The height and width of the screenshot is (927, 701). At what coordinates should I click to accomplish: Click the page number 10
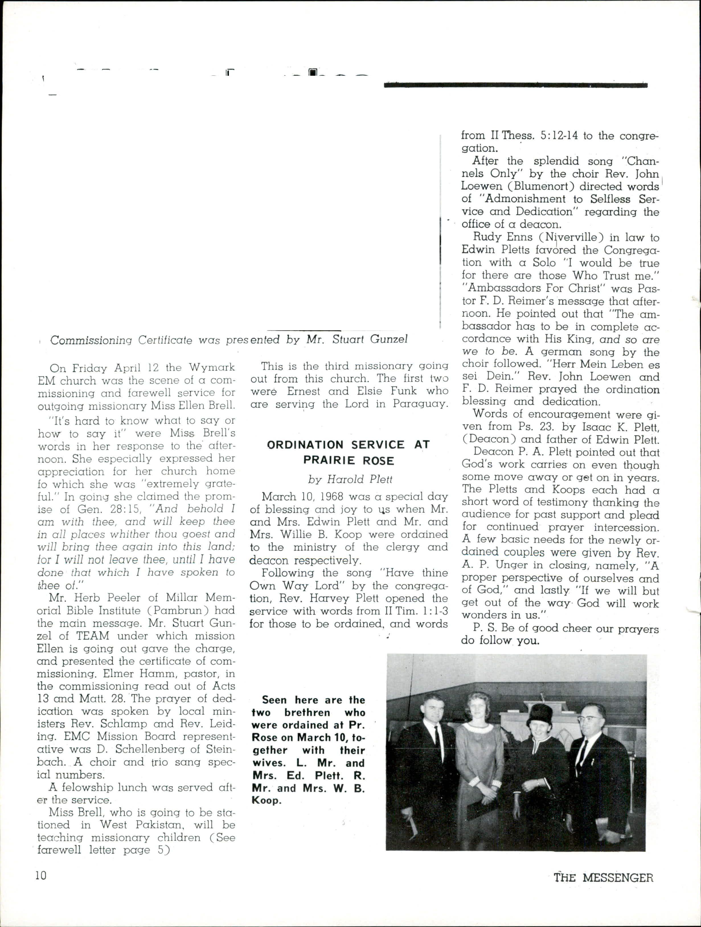[41, 876]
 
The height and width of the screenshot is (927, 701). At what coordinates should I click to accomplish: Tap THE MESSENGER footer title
[603, 877]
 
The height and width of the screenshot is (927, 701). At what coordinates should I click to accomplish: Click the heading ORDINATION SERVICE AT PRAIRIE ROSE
[349, 453]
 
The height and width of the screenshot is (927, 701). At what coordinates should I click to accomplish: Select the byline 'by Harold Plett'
[350, 479]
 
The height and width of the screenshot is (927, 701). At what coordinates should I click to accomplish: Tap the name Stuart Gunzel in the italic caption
[370, 339]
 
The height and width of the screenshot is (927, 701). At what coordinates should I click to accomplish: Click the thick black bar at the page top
[515, 85]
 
